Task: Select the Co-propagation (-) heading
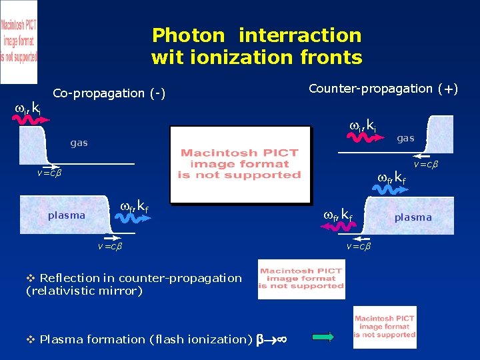click(109, 93)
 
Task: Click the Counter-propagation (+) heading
click(383, 89)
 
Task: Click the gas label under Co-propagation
click(79, 143)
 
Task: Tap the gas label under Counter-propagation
click(405, 138)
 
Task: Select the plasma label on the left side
click(67, 215)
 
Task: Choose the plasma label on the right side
click(413, 217)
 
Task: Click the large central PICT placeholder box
click(240, 164)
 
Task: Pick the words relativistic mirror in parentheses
click(83, 291)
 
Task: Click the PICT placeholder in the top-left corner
click(19, 41)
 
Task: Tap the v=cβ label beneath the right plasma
click(359, 247)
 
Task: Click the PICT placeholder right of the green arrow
click(385, 327)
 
